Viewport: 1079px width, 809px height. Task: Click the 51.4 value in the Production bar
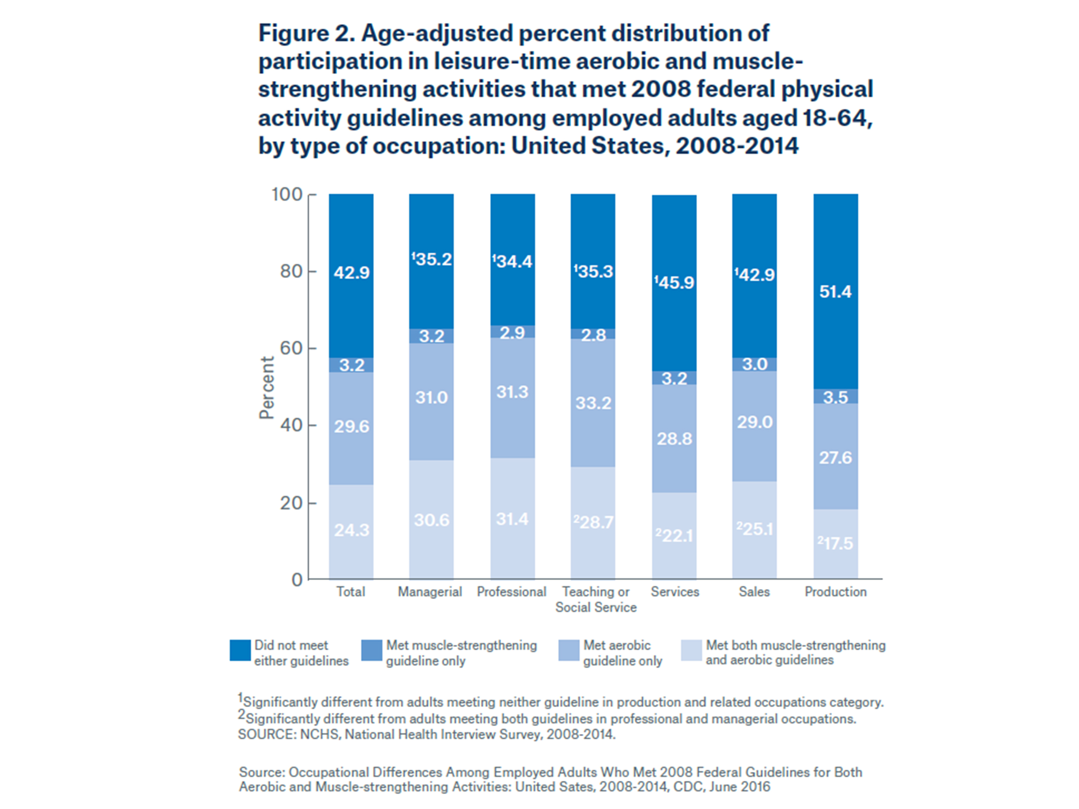pyautogui.click(x=835, y=292)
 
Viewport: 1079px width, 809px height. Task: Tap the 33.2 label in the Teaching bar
pyautogui.click(x=593, y=403)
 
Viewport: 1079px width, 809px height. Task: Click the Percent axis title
pyautogui.click(x=267, y=387)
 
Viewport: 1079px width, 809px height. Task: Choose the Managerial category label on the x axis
pyautogui.click(x=430, y=592)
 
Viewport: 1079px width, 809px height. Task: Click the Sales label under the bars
pyautogui.click(x=754, y=592)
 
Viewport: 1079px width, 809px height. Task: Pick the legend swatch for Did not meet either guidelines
pyautogui.click(x=240, y=651)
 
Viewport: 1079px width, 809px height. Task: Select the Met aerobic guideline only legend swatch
pyautogui.click(x=569, y=651)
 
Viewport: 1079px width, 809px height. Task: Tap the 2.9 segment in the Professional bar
pyautogui.click(x=512, y=332)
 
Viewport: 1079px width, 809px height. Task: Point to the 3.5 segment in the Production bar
pyautogui.click(x=835, y=397)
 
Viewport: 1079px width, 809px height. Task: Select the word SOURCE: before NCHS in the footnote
pyautogui.click(x=266, y=734)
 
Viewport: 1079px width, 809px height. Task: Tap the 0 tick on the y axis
pyautogui.click(x=297, y=580)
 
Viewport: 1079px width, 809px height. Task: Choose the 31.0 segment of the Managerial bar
pyautogui.click(x=431, y=397)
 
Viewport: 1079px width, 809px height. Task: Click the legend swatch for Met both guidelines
pyautogui.click(x=691, y=651)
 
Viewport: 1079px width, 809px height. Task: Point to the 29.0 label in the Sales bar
pyautogui.click(x=754, y=422)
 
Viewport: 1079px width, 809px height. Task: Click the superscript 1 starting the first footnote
pyautogui.click(x=240, y=698)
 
